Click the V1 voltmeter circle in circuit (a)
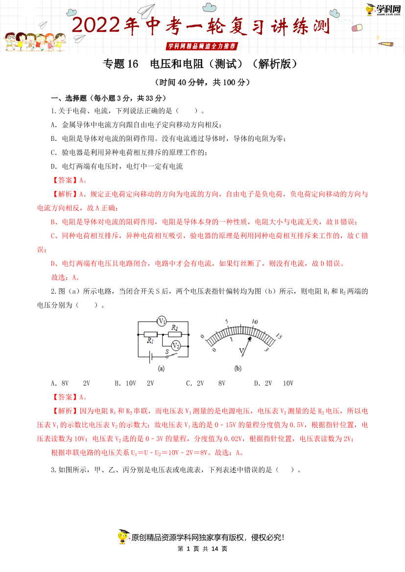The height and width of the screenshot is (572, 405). pyautogui.click(x=162, y=321)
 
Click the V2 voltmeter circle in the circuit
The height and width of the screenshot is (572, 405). pyautogui.click(x=176, y=345)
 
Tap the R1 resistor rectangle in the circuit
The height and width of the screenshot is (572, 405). pyautogui.click(x=150, y=334)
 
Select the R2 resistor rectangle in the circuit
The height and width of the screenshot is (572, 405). pyautogui.click(x=175, y=334)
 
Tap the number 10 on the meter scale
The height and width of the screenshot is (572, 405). pyautogui.click(x=254, y=322)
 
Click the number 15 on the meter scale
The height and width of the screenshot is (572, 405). pyautogui.click(x=279, y=337)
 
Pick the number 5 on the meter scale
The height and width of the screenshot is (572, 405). pyautogui.click(x=227, y=321)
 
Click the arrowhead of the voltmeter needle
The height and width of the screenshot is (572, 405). pyautogui.click(x=250, y=339)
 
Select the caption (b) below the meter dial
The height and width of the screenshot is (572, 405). pyautogui.click(x=238, y=368)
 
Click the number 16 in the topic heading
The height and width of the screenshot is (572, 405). pyautogui.click(x=132, y=64)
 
